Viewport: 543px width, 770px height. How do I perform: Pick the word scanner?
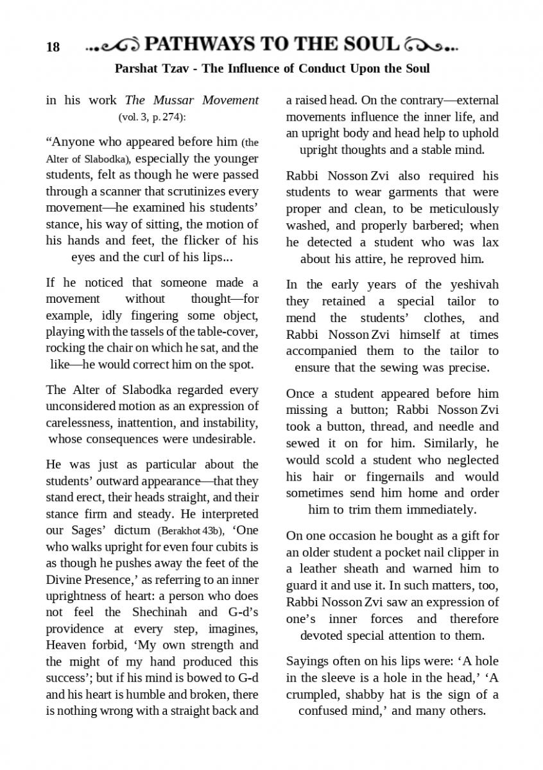tap(102, 191)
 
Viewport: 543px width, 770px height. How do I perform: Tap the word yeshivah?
tap(474, 285)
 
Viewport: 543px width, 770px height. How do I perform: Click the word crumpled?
tap(313, 695)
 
